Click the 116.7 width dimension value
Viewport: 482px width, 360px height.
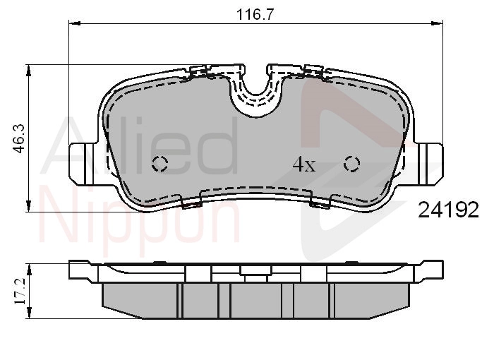(x=255, y=14)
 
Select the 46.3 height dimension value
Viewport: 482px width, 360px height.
(x=19, y=138)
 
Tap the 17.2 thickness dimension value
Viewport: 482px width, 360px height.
(x=20, y=292)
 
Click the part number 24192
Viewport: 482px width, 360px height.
(x=449, y=210)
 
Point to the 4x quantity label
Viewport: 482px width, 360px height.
(x=304, y=164)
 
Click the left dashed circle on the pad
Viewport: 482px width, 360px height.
(x=160, y=163)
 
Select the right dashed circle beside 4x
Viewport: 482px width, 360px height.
(x=352, y=164)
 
